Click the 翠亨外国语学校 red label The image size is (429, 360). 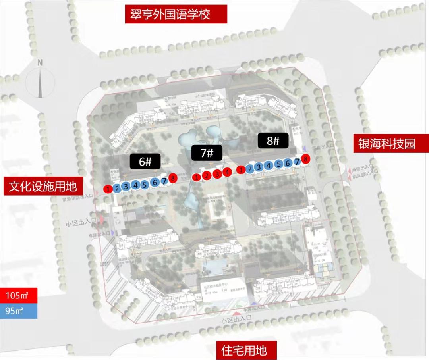coord(176,14)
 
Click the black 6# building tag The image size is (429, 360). coord(144,162)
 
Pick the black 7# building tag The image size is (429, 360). coord(207,153)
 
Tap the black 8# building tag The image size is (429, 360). coord(273,141)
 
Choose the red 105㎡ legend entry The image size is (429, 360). coord(19,295)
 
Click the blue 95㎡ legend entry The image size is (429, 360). coord(19,311)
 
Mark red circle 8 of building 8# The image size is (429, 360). coord(305,159)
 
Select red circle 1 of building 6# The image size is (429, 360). coord(108,189)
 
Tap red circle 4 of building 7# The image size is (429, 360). coord(226,172)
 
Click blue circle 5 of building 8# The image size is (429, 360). coord(279,164)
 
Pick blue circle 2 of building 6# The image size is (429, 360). coord(117,188)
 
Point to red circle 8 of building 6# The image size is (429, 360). coord(172,178)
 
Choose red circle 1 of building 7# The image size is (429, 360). coord(196,177)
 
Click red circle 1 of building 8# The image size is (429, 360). coord(240,170)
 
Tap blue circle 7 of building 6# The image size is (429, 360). coord(164,181)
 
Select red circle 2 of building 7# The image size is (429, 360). coord(206,175)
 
